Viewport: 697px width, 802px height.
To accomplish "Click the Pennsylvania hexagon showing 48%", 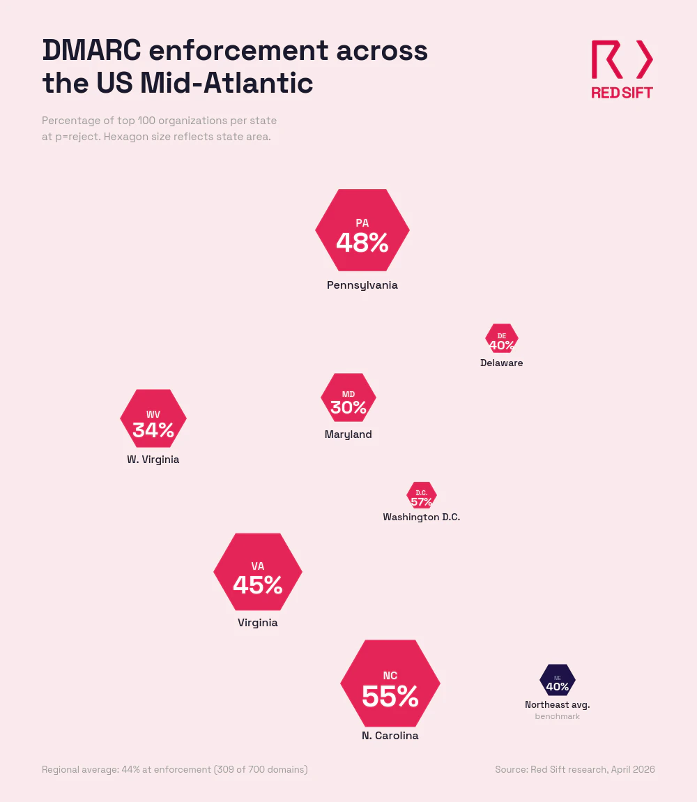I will [362, 230].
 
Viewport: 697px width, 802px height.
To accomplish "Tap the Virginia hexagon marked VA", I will [258, 572].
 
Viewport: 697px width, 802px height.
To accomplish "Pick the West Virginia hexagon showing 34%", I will [153, 418].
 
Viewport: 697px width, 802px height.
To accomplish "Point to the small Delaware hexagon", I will [502, 339].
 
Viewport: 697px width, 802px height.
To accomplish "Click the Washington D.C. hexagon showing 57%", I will [422, 495].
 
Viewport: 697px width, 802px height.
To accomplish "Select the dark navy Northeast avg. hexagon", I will [558, 680].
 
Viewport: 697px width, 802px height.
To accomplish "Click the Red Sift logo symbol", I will [622, 59].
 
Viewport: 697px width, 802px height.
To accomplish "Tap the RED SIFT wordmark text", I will [622, 93].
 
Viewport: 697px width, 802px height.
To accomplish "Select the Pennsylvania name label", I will [362, 285].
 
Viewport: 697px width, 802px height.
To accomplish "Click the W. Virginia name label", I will [153, 460].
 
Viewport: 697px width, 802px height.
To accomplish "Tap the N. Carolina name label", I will [390, 736].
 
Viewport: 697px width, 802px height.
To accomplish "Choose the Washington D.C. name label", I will [422, 517].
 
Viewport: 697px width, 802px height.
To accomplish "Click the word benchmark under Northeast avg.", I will [558, 716].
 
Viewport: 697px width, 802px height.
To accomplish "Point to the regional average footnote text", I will [175, 769].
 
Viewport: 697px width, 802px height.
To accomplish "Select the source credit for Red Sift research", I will [575, 769].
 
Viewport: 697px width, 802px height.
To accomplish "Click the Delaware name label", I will [502, 363].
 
